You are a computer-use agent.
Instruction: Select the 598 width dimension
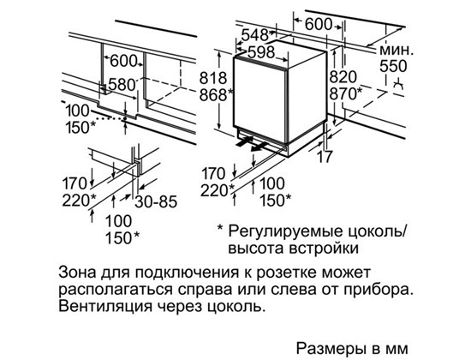(x=261, y=52)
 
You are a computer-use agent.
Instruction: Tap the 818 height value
(x=213, y=78)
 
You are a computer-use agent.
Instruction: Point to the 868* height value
(x=217, y=95)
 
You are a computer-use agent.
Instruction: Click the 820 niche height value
(x=343, y=77)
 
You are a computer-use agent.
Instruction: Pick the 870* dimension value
(x=346, y=93)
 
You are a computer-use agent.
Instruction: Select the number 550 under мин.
(x=393, y=67)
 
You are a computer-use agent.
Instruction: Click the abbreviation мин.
(x=396, y=50)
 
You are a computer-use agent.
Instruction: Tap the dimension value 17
(x=325, y=156)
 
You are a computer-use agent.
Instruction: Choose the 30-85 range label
(x=156, y=201)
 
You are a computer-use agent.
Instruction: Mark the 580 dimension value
(x=122, y=85)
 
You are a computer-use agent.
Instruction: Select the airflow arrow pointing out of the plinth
(x=259, y=147)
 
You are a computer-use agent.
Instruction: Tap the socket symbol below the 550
(x=399, y=85)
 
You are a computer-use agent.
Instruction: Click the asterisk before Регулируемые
(x=220, y=229)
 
